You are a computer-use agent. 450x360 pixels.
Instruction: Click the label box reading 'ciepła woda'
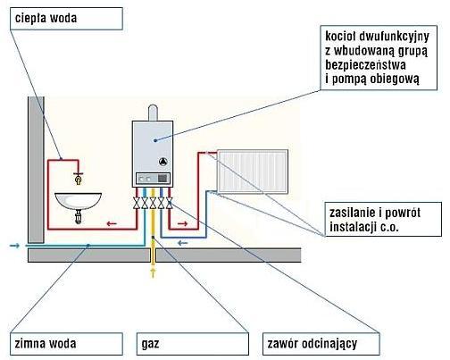[x=66, y=19]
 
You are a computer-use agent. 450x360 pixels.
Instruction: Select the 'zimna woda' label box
[x=66, y=344]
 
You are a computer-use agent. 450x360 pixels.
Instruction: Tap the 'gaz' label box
[x=193, y=344]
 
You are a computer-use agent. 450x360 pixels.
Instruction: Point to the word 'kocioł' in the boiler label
[x=340, y=37]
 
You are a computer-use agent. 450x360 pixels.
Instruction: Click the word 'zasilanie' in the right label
[x=352, y=213]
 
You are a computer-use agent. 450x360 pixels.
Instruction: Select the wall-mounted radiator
[x=253, y=172]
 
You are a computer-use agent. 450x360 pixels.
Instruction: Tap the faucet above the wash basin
[x=78, y=178]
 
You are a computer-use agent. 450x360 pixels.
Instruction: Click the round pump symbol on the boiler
[x=162, y=162]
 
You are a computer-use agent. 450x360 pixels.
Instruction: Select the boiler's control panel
[x=153, y=179]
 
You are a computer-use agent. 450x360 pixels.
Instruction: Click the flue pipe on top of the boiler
[x=153, y=113]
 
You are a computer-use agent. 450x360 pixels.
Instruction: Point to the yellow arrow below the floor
[x=153, y=273]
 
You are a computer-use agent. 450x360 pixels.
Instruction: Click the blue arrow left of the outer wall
[x=14, y=246]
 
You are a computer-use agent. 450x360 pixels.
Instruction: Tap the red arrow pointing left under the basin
[x=112, y=223]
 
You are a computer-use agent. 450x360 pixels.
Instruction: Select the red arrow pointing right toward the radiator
[x=183, y=223]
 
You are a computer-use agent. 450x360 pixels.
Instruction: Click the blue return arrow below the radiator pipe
[x=183, y=243]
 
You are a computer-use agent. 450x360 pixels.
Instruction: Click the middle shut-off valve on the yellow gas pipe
[x=153, y=203]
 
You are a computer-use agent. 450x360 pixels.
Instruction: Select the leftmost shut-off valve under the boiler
[x=137, y=203]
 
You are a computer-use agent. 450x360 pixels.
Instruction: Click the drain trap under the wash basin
[x=79, y=217]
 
